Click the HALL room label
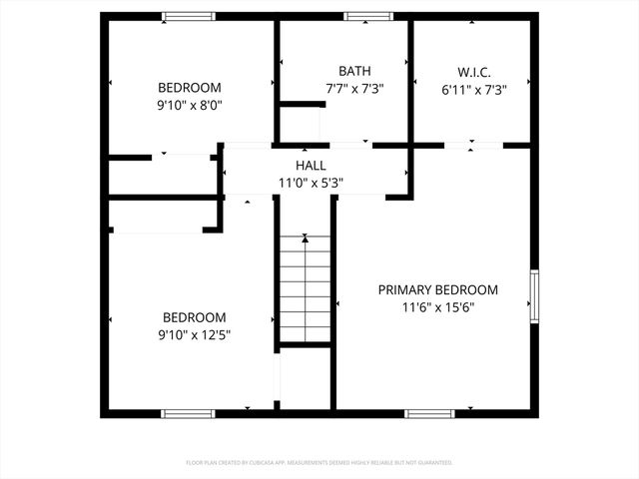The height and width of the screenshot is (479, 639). coord(310,165)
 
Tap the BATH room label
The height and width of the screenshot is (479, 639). coord(354,71)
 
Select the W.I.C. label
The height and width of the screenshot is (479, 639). coord(474,72)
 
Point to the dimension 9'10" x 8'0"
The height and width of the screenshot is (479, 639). coord(190,104)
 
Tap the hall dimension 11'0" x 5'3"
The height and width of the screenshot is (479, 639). coord(310,182)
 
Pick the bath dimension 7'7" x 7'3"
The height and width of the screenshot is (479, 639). coord(354,88)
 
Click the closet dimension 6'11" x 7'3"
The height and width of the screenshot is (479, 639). coord(474,89)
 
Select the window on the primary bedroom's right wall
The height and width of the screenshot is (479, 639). coord(534,296)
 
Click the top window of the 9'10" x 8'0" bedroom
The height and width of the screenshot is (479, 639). coord(189,16)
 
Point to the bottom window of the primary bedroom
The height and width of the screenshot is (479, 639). coord(429,413)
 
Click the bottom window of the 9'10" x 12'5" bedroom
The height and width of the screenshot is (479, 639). coord(188,413)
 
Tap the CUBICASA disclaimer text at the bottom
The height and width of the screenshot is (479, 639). coord(319,463)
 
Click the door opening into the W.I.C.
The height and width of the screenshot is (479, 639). coord(473,146)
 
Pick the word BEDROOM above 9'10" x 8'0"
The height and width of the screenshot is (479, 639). coord(190,87)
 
